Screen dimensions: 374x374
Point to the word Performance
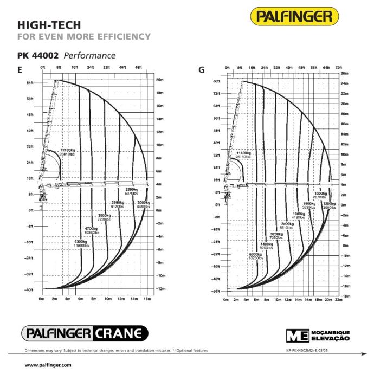coord(89,55)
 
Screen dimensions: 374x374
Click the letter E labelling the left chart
coord(20,69)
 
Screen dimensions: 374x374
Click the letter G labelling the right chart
coord(202,70)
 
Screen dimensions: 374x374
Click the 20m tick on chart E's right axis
coord(160,79)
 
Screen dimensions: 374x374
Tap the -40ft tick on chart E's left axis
coord(28,291)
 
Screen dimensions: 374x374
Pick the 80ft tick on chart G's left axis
coord(216,81)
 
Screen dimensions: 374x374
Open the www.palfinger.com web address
coord(41,365)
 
